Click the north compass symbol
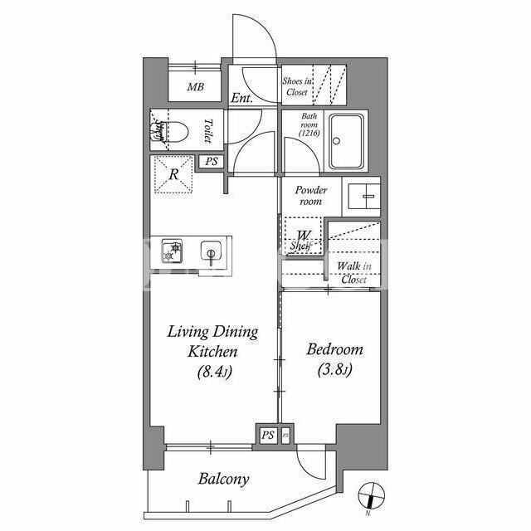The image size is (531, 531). [x=372, y=495]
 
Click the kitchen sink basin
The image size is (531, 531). [x=212, y=251]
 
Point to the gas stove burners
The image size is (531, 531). [x=172, y=251]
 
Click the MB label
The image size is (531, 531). [x=196, y=87]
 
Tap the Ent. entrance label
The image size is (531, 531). [x=241, y=98]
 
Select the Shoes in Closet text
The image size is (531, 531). [x=297, y=86]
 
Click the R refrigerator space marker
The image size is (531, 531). [x=173, y=175]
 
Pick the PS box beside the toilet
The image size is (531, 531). [x=212, y=161]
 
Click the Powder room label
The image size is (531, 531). [x=311, y=196]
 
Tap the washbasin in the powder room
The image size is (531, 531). [x=364, y=197]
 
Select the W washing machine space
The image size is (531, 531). [x=303, y=236]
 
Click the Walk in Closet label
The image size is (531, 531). [x=354, y=273]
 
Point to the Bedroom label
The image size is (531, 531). [x=334, y=349]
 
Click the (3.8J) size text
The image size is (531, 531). [x=335, y=369]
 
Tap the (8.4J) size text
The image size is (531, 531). [x=214, y=372]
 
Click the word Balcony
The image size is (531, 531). [x=223, y=480]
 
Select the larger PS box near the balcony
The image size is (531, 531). [x=267, y=435]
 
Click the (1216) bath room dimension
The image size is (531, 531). [x=309, y=133]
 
